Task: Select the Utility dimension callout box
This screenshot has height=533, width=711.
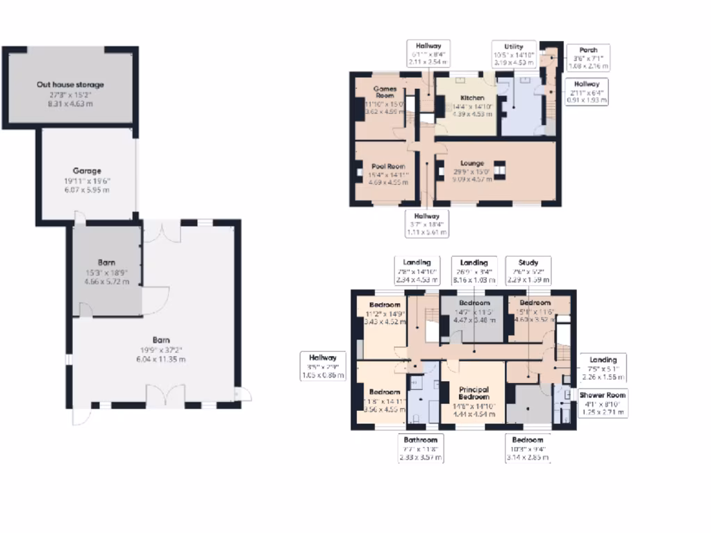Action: tap(514, 53)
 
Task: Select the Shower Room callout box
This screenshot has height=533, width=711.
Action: tap(603, 403)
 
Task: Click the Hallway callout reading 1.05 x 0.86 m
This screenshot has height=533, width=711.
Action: tap(323, 366)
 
